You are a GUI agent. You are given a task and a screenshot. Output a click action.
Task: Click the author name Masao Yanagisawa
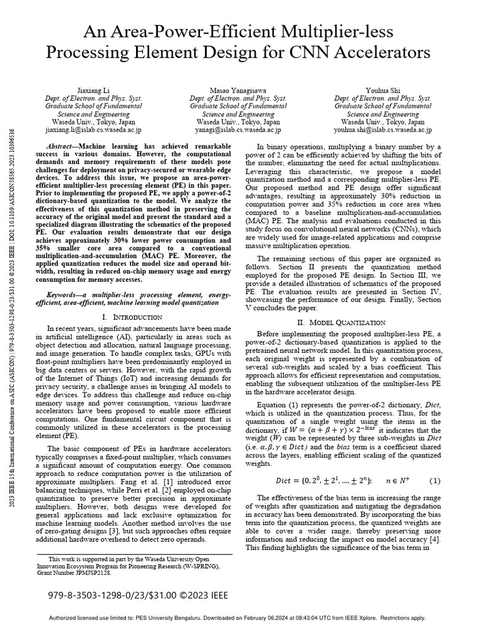tap(238, 90)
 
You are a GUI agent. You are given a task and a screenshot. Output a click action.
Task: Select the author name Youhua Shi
tap(382, 90)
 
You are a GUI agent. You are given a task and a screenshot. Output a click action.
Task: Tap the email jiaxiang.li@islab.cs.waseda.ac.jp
tap(94, 131)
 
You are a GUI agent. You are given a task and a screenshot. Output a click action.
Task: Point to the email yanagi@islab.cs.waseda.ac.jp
tap(238, 131)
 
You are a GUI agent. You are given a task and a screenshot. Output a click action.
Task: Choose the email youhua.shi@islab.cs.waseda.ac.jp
tap(383, 131)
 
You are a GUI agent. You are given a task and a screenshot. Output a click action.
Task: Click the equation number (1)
tap(435, 480)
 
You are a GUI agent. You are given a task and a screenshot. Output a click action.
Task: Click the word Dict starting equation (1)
tap(284, 481)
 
